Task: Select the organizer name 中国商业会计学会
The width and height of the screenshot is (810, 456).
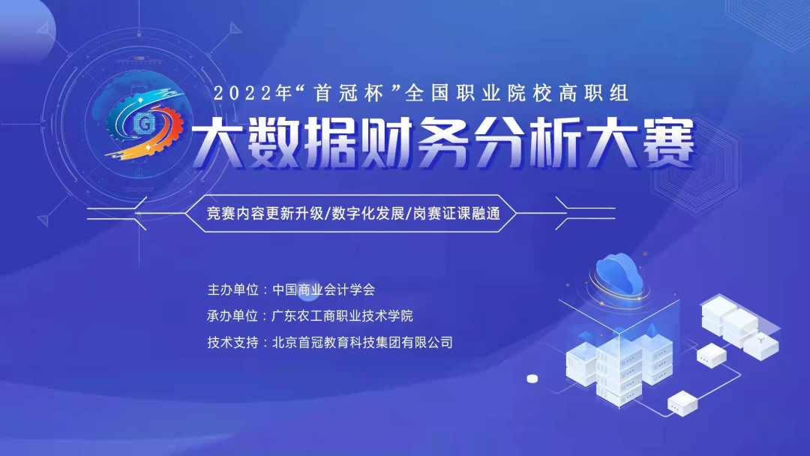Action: point(323,289)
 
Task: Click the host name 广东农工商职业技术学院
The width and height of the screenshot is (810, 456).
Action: point(343,316)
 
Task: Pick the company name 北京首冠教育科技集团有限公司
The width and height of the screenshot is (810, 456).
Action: point(363,343)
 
